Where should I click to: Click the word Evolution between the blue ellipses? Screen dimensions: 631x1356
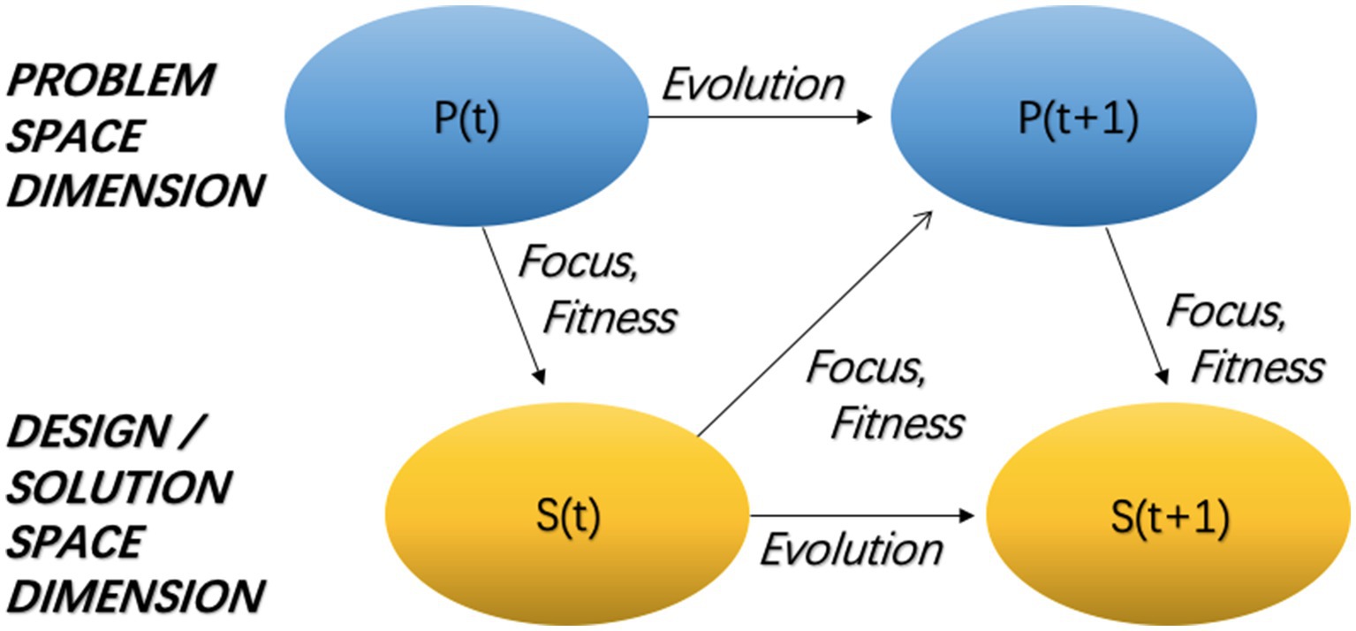(x=753, y=85)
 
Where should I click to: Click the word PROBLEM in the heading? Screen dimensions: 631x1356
(x=110, y=82)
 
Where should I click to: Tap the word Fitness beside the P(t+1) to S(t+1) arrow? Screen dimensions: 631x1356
(x=1258, y=365)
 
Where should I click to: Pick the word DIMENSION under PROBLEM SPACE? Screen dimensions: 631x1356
(x=134, y=191)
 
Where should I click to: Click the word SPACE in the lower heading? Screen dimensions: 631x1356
(x=74, y=541)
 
